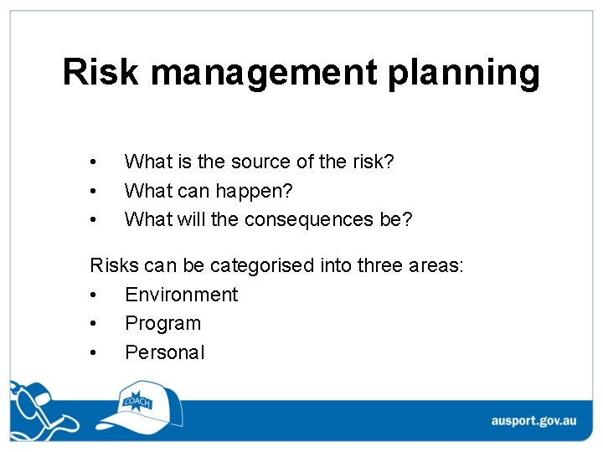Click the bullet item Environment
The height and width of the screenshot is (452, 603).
point(181,295)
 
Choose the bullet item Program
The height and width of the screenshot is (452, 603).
point(162,324)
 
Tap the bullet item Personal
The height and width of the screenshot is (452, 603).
point(164,352)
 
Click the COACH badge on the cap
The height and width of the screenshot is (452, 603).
point(137,401)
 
